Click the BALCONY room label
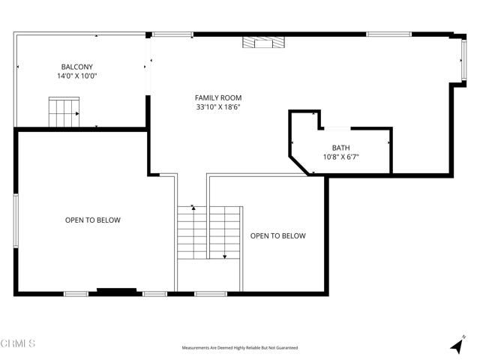77,66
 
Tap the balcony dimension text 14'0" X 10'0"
77,76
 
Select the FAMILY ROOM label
218,97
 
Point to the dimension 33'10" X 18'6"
218,107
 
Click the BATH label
341,147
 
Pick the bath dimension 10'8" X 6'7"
341,157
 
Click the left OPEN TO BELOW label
92,220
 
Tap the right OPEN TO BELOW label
277,235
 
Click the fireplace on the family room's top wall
263,43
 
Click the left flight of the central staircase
192,233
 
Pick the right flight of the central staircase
225,233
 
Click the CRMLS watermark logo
18,343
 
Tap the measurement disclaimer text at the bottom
240,348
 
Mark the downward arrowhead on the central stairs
224,256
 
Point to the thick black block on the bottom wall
117,291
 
